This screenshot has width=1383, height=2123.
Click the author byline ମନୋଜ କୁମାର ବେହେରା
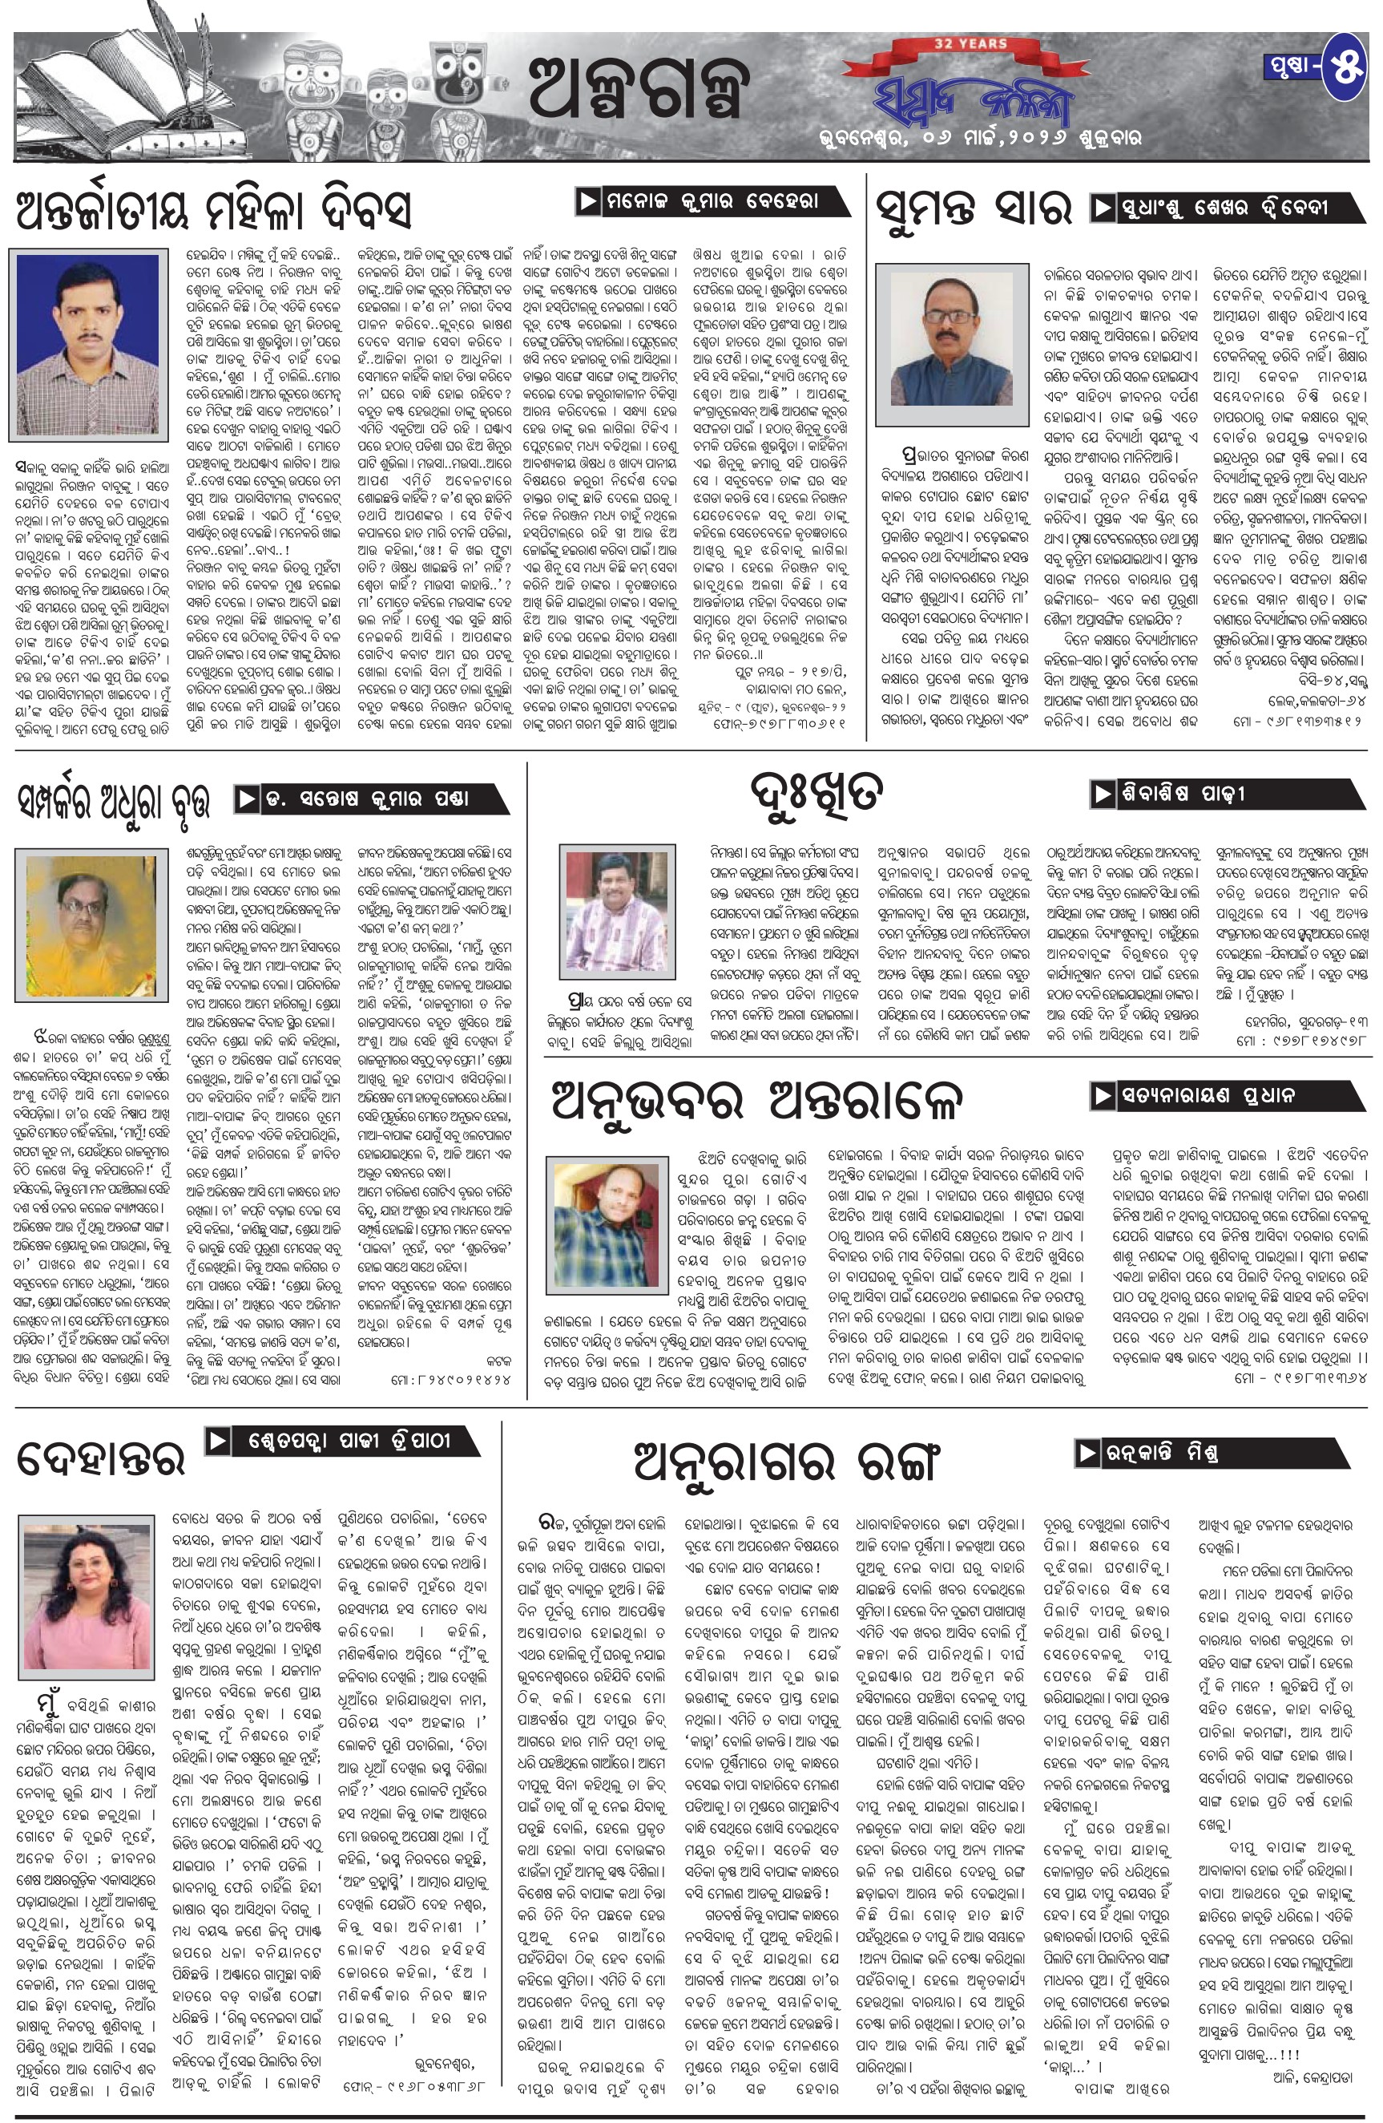(x=708, y=201)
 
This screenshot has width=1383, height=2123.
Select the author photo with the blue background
(x=88, y=342)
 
